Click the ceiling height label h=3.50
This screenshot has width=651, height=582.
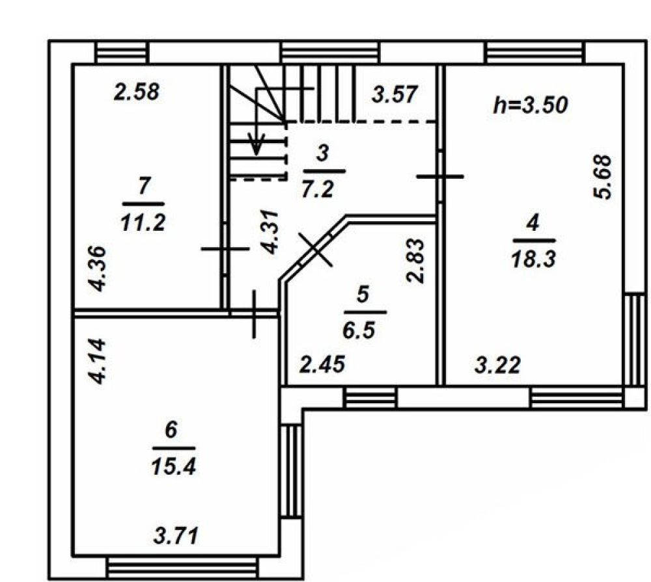coord(530,105)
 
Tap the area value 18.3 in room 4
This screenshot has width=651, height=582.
coord(534,259)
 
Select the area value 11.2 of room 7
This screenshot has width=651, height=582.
coord(143,223)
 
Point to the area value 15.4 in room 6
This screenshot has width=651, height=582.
coord(174,468)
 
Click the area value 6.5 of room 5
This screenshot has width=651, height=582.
coord(359,330)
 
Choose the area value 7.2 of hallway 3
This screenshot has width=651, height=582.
coord(318,190)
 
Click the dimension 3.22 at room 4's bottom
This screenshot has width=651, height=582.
coord(498,365)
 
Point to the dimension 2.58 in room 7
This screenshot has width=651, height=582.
coord(137,92)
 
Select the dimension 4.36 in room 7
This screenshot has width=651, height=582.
coord(99,269)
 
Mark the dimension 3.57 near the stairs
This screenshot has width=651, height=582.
coord(395,94)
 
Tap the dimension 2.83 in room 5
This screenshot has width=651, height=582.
coord(415,261)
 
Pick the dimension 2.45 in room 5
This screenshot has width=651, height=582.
coord(323,364)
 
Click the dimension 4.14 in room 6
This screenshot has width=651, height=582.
coord(98,361)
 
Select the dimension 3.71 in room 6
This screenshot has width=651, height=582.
coord(176,535)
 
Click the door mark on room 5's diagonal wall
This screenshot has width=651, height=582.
coord(316,249)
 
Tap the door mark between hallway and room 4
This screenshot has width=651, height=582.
coord(440,177)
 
